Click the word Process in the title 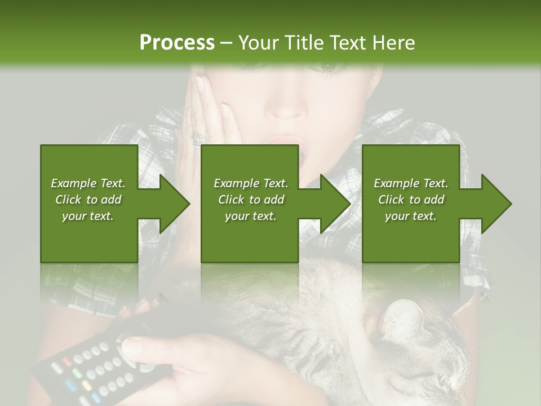[x=177, y=43]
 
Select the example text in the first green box [x=88, y=200]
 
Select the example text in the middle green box [x=251, y=200]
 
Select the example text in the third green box [x=411, y=200]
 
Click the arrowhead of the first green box [x=174, y=204]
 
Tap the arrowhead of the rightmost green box [x=496, y=204]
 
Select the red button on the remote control [x=66, y=361]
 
